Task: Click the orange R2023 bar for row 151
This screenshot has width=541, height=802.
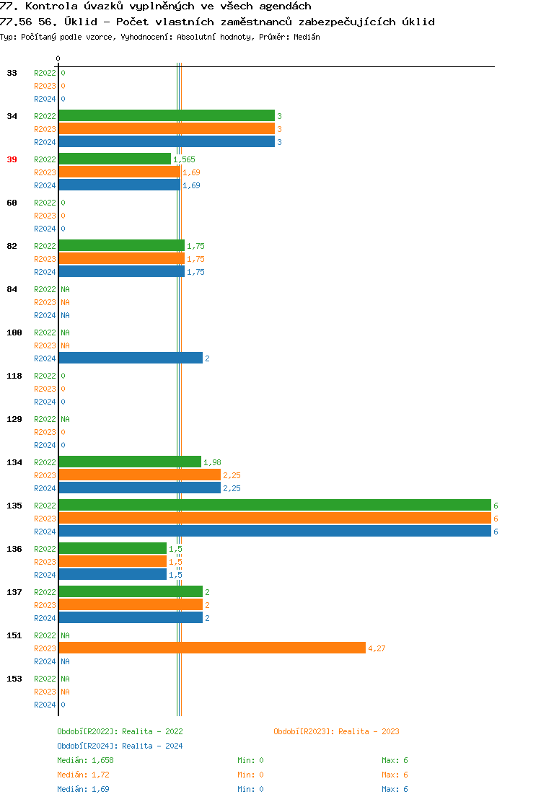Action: point(212,648)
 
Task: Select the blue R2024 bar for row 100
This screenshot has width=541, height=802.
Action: point(131,358)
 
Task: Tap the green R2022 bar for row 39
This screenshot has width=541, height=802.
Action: point(115,159)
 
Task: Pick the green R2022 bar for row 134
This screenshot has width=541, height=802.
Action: point(130,462)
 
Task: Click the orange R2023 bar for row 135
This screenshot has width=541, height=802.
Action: point(274,519)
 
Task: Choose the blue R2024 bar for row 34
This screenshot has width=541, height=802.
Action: point(167,142)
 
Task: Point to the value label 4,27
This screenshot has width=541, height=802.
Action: point(377,648)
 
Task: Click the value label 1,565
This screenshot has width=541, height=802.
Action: point(184,159)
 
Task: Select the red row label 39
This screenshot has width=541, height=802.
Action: point(12,159)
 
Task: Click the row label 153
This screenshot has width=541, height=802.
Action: point(14,679)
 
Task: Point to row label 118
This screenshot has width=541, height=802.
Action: point(14,376)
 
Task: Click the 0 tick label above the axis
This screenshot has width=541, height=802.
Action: point(58,58)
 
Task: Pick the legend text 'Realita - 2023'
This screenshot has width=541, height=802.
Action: point(369,731)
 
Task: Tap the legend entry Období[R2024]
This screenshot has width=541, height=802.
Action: point(88,746)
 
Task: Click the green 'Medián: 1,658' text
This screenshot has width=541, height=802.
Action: point(85,760)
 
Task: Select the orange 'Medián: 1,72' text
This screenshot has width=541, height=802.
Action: point(83,775)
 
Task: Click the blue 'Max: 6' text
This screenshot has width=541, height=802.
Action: point(395,789)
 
